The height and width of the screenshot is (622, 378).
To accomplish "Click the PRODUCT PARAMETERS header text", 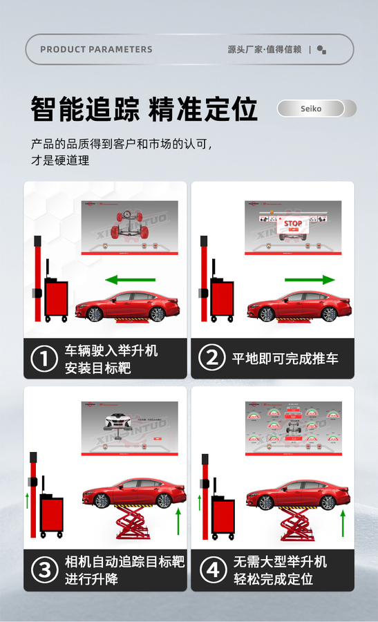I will tap(96, 49).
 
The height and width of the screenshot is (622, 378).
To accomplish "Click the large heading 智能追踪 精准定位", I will tap(144, 109).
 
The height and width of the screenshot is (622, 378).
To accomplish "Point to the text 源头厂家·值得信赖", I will tap(265, 49).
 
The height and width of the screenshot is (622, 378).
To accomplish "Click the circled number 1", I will tap(44, 359).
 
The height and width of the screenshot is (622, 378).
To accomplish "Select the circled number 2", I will tap(211, 359).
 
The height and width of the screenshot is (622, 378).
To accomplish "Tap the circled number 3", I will tap(44, 570).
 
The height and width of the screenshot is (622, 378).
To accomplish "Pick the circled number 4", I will tap(211, 570).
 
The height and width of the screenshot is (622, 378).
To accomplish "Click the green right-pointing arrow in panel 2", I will tap(309, 280).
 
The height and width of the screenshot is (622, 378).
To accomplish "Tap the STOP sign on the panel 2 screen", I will tap(293, 224).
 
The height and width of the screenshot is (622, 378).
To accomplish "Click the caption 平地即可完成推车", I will tap(285, 359).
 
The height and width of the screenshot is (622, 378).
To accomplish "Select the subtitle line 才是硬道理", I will tap(60, 160).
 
